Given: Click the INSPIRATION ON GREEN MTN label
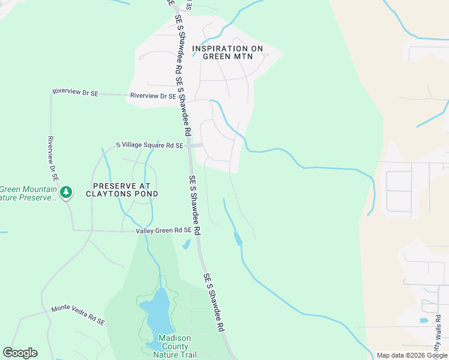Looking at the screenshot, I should click(228, 52).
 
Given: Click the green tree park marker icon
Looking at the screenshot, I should click(67, 193).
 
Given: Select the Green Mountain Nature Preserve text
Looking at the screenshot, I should click(28, 193).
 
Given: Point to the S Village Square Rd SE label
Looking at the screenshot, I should click(149, 145).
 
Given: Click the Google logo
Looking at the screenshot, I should click(20, 353).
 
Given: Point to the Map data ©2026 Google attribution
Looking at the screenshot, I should click(412, 355).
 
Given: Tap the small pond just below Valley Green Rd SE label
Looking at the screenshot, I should click(186, 244).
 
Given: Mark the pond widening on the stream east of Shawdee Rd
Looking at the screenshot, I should click(238, 239).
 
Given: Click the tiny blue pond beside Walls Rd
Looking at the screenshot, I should click(424, 320).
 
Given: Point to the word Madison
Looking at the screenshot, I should click(173, 338).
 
